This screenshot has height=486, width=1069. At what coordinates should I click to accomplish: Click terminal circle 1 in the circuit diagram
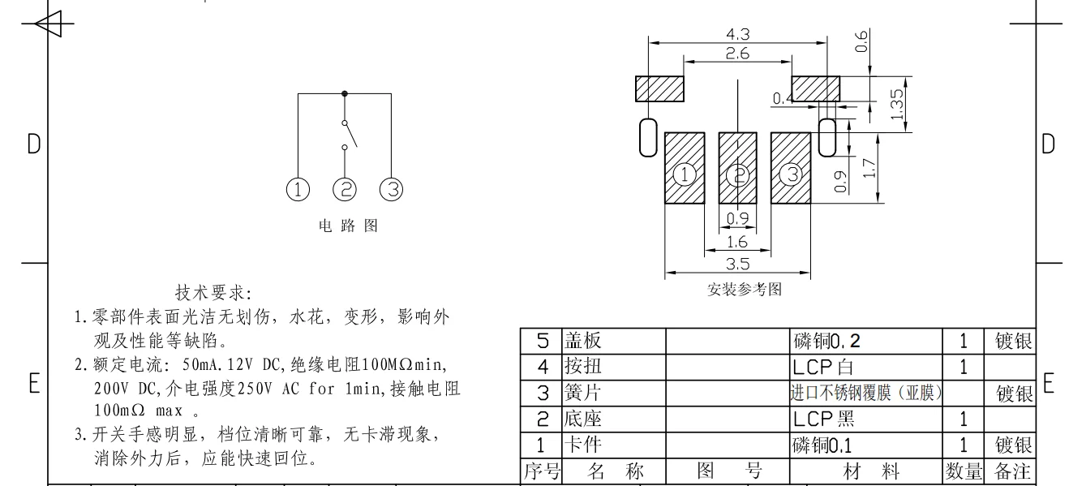tap(298, 190)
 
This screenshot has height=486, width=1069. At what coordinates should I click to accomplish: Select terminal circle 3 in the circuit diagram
tap(392, 190)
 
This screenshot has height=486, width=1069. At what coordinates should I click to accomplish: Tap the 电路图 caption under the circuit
tap(348, 226)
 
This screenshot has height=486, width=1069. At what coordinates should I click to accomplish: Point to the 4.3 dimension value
tap(737, 33)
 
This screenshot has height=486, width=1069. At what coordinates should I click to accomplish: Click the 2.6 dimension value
tap(737, 54)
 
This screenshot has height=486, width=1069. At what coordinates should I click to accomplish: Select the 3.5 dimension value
tap(737, 264)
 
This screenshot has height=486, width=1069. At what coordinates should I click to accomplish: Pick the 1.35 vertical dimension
tap(896, 105)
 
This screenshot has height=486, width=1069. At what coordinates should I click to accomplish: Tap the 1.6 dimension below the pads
tap(736, 242)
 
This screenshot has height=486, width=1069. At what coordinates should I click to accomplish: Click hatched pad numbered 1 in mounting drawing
tap(685, 169)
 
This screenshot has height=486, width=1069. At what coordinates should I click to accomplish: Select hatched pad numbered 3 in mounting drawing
tap(791, 169)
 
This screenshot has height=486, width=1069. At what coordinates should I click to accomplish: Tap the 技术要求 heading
tap(214, 291)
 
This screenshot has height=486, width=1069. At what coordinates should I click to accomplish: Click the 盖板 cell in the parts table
tap(583, 341)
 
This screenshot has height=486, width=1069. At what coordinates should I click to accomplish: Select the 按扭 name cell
tap(583, 367)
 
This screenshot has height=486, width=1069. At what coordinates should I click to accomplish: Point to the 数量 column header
tap(963, 471)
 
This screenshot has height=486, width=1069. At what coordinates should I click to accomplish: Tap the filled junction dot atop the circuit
tap(345, 93)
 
